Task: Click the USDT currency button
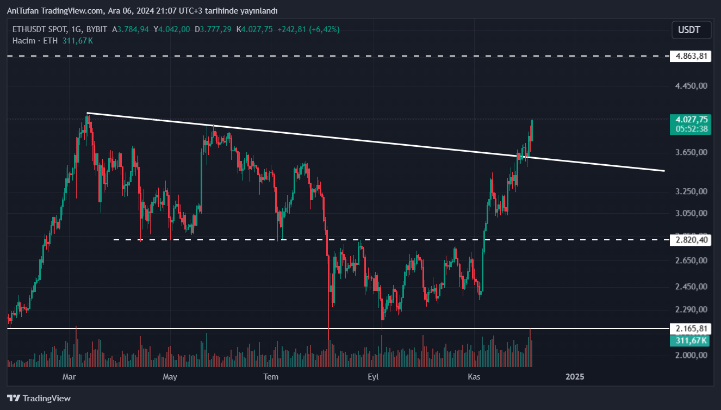pyautogui.click(x=692, y=30)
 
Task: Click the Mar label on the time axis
pyautogui.click(x=69, y=376)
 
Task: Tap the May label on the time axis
pyautogui.click(x=170, y=376)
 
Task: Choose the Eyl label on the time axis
pyautogui.click(x=373, y=376)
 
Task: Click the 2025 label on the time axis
pyautogui.click(x=575, y=376)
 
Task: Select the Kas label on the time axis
pyautogui.click(x=474, y=376)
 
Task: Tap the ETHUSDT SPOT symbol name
pyautogui.click(x=37, y=29)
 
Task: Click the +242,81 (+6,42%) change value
pyautogui.click(x=308, y=29)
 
